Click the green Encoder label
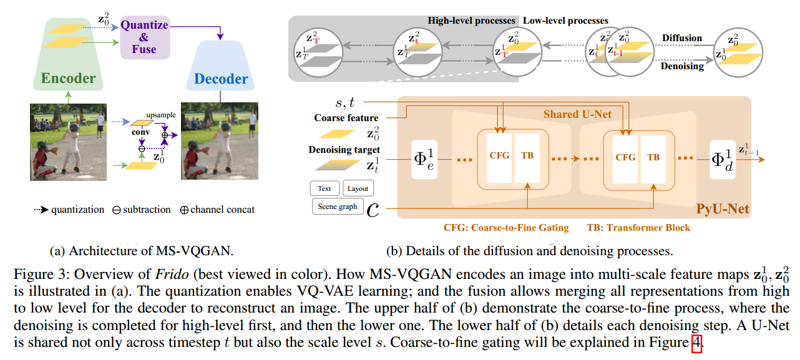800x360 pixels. click(69, 78)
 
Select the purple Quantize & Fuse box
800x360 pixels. click(144, 37)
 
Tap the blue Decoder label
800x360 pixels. click(221, 79)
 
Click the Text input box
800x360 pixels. click(324, 188)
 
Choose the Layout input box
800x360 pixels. click(358, 188)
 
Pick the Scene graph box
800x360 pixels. click(337, 206)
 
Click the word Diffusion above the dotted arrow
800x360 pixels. click(682, 37)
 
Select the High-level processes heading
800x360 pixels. click(472, 21)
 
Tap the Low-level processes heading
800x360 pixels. click(565, 21)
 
